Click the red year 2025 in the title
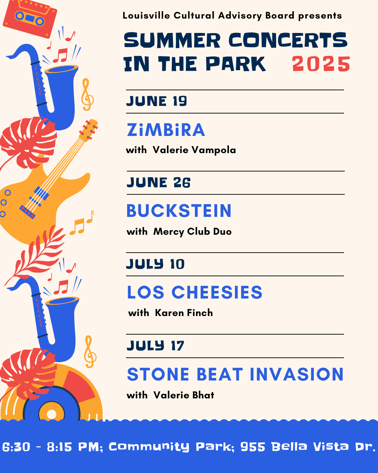[321, 64]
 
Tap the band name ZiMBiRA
[166, 130]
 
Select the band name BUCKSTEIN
[179, 211]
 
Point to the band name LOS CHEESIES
[195, 293]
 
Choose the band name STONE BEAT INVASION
[235, 375]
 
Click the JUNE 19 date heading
[156, 101]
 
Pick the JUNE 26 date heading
[159, 183]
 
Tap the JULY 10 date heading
[155, 264]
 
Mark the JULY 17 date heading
[155, 346]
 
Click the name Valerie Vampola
[194, 150]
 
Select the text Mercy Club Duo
[192, 232]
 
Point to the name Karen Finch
[184, 313]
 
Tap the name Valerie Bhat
[184, 395]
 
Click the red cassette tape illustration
[30, 18]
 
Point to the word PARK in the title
[236, 64]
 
